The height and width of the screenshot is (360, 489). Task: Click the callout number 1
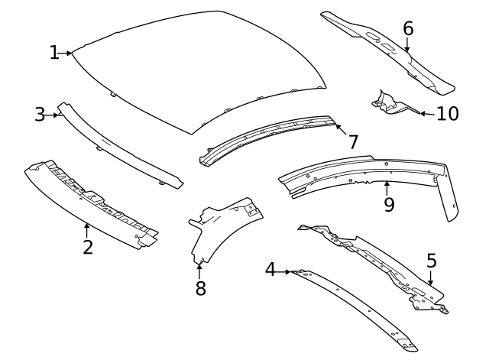(x=54, y=53)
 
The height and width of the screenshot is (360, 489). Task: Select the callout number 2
(x=88, y=247)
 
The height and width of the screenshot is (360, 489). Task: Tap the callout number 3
(x=40, y=115)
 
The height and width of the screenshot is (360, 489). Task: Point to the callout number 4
(x=270, y=270)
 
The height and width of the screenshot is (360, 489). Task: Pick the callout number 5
(x=432, y=261)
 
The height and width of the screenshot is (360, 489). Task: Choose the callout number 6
(x=408, y=28)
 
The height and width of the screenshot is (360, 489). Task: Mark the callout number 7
(x=353, y=141)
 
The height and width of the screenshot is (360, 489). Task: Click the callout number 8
(x=200, y=289)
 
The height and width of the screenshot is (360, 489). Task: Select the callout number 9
(x=389, y=205)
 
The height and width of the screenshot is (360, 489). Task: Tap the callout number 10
(x=447, y=114)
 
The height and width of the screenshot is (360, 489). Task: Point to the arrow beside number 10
(x=425, y=113)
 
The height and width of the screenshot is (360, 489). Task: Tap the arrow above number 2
(x=87, y=228)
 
